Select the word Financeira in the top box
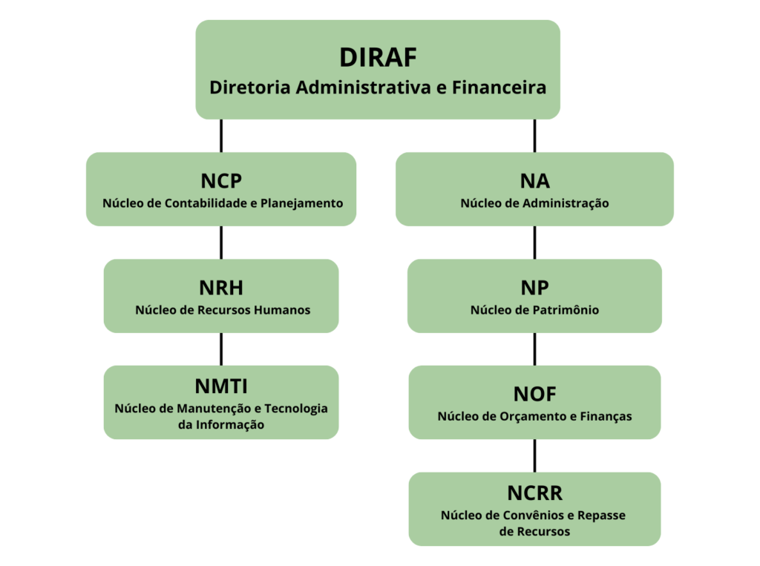506,88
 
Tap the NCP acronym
221,182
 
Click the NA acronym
534,182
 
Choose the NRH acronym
221,289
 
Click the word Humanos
282,309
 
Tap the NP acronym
534,289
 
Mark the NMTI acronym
221,386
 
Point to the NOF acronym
534,395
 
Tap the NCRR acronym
534,493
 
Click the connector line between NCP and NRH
221,242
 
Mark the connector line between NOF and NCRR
534,455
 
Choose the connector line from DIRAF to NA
534,135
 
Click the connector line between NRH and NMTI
221,349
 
